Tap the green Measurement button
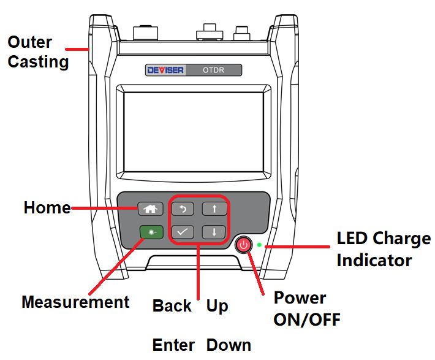150,232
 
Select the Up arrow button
214,209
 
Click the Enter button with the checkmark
182,232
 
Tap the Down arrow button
214,232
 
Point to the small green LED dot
260,245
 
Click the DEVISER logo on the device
165,70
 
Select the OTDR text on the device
213,70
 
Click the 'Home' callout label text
47,208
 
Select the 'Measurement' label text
75,302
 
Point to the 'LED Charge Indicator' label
383,249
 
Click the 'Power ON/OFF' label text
306,308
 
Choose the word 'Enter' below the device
173,345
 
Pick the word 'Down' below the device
229,345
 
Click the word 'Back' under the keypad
172,305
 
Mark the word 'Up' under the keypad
217,305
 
